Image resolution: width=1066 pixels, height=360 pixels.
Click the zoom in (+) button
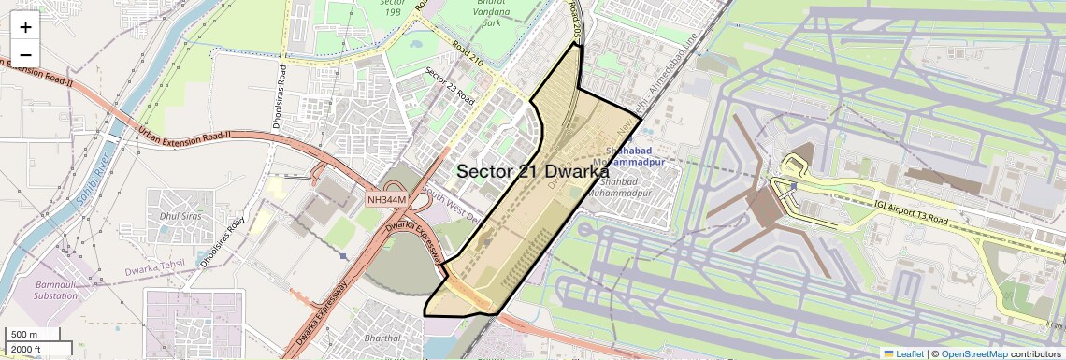pyautogui.click(x=25, y=27)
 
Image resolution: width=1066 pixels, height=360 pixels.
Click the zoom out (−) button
pyautogui.click(x=25, y=52)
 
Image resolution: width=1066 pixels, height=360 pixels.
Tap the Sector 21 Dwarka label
pyautogui.click(x=532, y=171)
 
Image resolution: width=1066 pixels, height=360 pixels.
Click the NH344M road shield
pyautogui.click(x=386, y=199)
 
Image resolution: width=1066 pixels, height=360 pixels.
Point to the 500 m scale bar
pyautogui.click(x=24, y=335)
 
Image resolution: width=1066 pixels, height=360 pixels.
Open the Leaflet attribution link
pyautogui.click(x=903, y=353)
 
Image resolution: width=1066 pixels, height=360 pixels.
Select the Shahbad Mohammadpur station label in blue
pyautogui.click(x=636, y=155)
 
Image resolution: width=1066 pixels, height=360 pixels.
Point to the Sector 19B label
pyautogui.click(x=392, y=8)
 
